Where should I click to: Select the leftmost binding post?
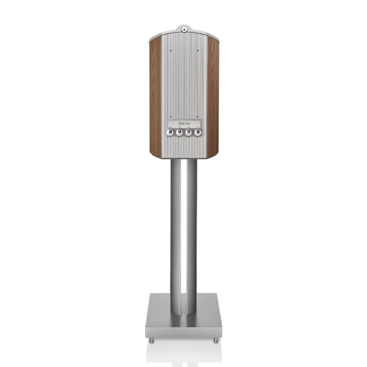click(170, 133)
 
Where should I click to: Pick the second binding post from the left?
click(179, 133)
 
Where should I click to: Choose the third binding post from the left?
click(188, 133)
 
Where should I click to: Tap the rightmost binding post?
click(198, 133)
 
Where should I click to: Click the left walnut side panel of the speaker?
click(156, 97)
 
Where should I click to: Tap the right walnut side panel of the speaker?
click(212, 97)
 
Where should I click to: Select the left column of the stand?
click(175, 225)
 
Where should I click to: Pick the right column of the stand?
click(192, 225)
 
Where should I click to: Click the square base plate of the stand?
click(183, 320)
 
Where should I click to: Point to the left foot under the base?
click(152, 340)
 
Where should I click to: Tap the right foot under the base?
click(215, 340)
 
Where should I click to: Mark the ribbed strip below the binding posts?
click(183, 147)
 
